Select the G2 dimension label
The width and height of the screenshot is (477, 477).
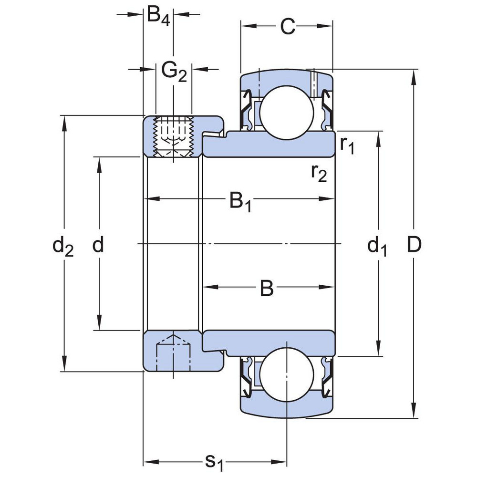tap(174, 72)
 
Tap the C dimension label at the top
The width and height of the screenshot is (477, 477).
tap(287, 28)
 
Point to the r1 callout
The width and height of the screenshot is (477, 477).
tap(347, 145)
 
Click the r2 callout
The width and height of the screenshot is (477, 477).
tap(319, 173)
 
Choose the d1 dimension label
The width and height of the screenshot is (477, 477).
tap(377, 247)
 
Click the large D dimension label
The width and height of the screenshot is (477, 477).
tap(415, 245)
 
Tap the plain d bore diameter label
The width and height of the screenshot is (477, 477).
tap(98, 245)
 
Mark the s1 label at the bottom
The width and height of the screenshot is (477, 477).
tap(214, 462)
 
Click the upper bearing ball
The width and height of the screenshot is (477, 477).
tap(286, 112)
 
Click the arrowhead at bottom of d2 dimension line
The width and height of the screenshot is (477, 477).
tap(64, 367)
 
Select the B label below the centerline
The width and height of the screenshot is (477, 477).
tap(267, 288)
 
